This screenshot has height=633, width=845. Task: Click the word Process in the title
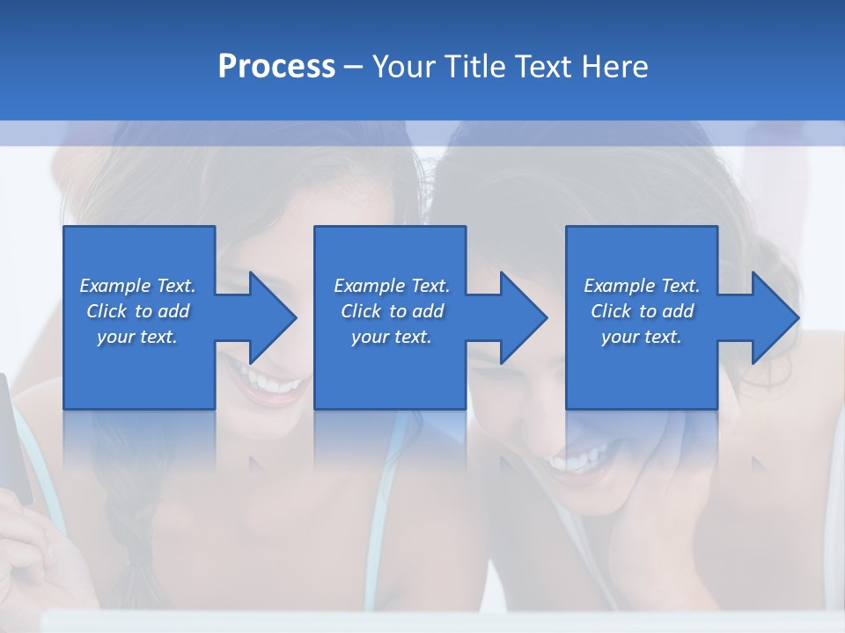(x=276, y=67)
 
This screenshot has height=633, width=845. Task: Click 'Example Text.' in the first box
(x=137, y=286)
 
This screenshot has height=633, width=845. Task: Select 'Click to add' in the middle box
(x=392, y=311)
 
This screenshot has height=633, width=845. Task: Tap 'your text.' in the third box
(x=642, y=337)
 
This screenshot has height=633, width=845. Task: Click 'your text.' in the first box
(x=137, y=337)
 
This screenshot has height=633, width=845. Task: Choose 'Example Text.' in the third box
(x=642, y=286)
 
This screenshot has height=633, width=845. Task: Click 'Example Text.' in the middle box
(x=392, y=286)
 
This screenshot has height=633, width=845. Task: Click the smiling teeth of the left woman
(x=268, y=383)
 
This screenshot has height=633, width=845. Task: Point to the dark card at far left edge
(x=13, y=440)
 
